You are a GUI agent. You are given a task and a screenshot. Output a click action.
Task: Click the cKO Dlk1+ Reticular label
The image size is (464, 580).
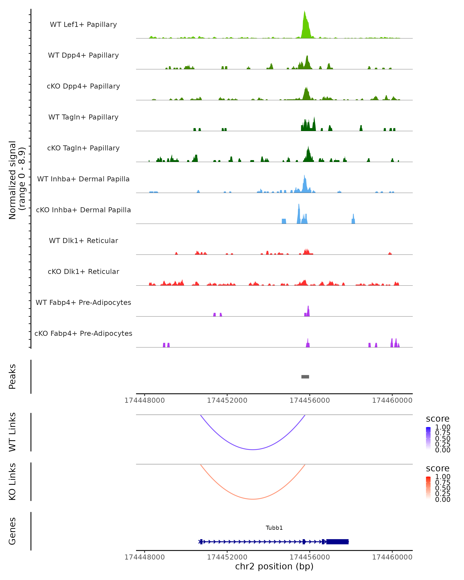(x=83, y=272)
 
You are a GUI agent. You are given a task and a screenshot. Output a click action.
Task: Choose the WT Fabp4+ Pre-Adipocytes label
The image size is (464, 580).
(x=83, y=303)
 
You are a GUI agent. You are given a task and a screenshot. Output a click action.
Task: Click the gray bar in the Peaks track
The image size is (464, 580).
(x=305, y=377)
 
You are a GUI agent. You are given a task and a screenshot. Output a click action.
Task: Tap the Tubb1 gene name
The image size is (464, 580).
(x=274, y=528)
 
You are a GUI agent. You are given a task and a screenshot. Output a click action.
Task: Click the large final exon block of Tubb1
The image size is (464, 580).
(x=338, y=542)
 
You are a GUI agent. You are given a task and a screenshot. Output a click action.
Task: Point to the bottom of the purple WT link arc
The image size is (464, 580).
(x=253, y=449)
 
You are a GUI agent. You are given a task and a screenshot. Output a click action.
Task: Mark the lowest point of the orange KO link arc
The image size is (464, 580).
(x=253, y=499)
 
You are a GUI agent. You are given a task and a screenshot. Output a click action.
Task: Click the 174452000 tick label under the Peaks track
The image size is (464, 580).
(x=227, y=401)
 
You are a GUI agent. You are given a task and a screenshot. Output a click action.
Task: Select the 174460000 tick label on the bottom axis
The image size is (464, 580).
(x=392, y=557)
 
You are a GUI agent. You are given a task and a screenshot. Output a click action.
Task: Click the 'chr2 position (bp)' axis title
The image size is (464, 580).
(x=274, y=566)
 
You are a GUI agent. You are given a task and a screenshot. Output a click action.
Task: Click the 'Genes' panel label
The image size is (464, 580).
(x=12, y=531)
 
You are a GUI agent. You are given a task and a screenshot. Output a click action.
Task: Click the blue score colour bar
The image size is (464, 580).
(x=428, y=438)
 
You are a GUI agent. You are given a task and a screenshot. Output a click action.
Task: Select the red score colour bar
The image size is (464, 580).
(x=428, y=488)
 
